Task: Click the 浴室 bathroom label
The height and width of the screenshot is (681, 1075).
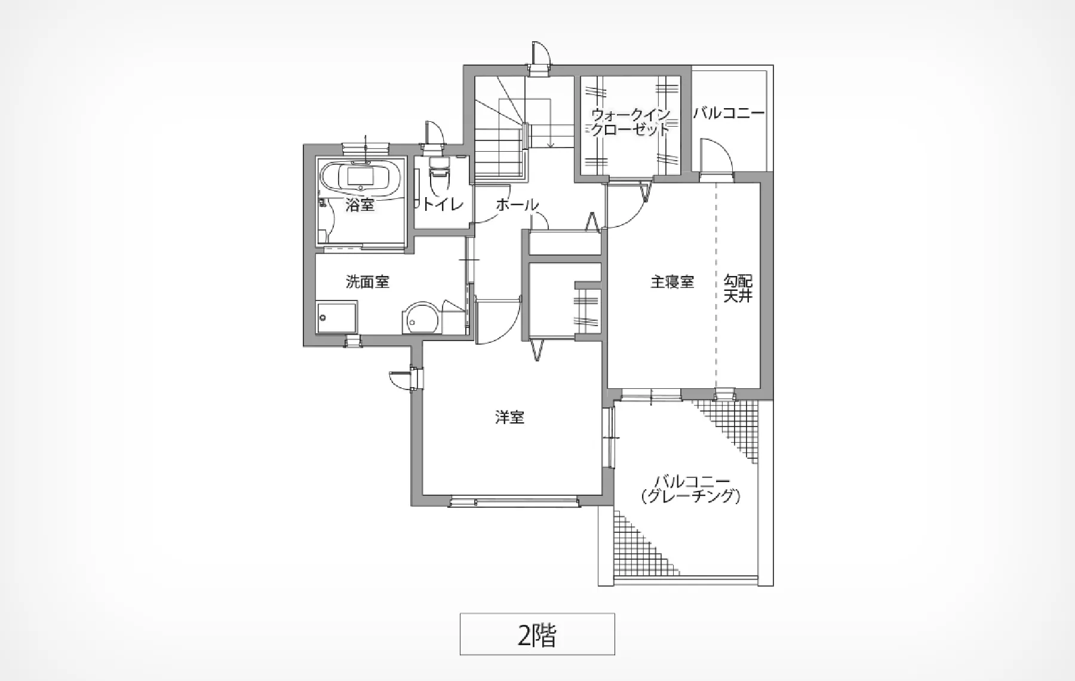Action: pyautogui.click(x=360, y=205)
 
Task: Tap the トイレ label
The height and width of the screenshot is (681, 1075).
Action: pyautogui.click(x=442, y=205)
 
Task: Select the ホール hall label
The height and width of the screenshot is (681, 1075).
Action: pyautogui.click(x=517, y=205)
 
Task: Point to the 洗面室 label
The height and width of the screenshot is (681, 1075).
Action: pyautogui.click(x=368, y=282)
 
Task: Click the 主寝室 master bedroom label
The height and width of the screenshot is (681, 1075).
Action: pyautogui.click(x=672, y=282)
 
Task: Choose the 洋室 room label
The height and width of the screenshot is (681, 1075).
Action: pyautogui.click(x=509, y=418)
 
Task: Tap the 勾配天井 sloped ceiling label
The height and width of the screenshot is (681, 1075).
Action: pyautogui.click(x=738, y=289)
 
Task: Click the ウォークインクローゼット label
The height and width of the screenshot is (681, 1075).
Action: pyautogui.click(x=631, y=122)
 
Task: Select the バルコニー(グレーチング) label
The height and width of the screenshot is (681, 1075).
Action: pyautogui.click(x=690, y=489)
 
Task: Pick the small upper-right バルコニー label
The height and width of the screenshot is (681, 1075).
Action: pyautogui.click(x=729, y=113)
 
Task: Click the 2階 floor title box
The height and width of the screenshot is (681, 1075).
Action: pyautogui.click(x=537, y=634)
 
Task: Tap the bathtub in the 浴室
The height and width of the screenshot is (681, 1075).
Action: pyautogui.click(x=361, y=177)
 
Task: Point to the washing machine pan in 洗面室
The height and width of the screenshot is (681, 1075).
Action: pyautogui.click(x=337, y=318)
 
